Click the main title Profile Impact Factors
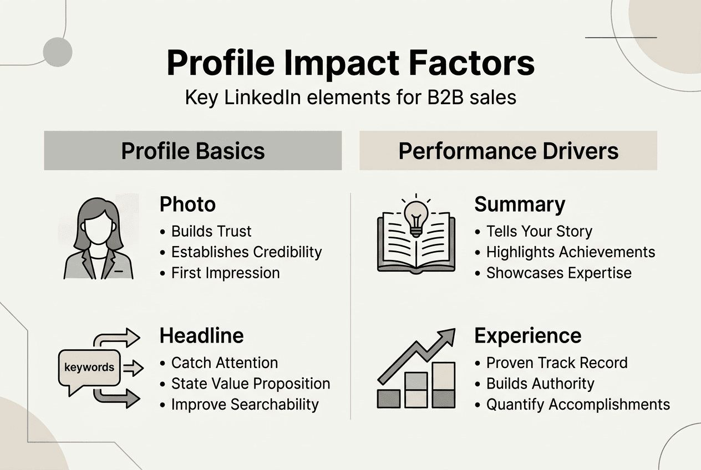tap(350, 63)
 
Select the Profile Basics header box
tap(193, 151)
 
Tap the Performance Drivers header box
tap(508, 151)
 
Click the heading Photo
tap(187, 205)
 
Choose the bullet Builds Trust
tap(211, 231)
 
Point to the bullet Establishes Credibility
tap(246, 252)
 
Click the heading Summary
tap(520, 205)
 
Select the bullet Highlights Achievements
tap(570, 252)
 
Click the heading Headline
tap(201, 336)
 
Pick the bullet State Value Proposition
tap(250, 384)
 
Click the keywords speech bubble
tap(89, 367)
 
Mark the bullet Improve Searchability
tap(245, 405)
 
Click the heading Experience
tap(528, 336)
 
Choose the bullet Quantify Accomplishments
tap(578, 405)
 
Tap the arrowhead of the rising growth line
tap(447, 336)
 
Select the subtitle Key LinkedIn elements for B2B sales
tap(350, 98)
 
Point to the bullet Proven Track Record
tap(557, 363)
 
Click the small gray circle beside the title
tap(58, 52)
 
